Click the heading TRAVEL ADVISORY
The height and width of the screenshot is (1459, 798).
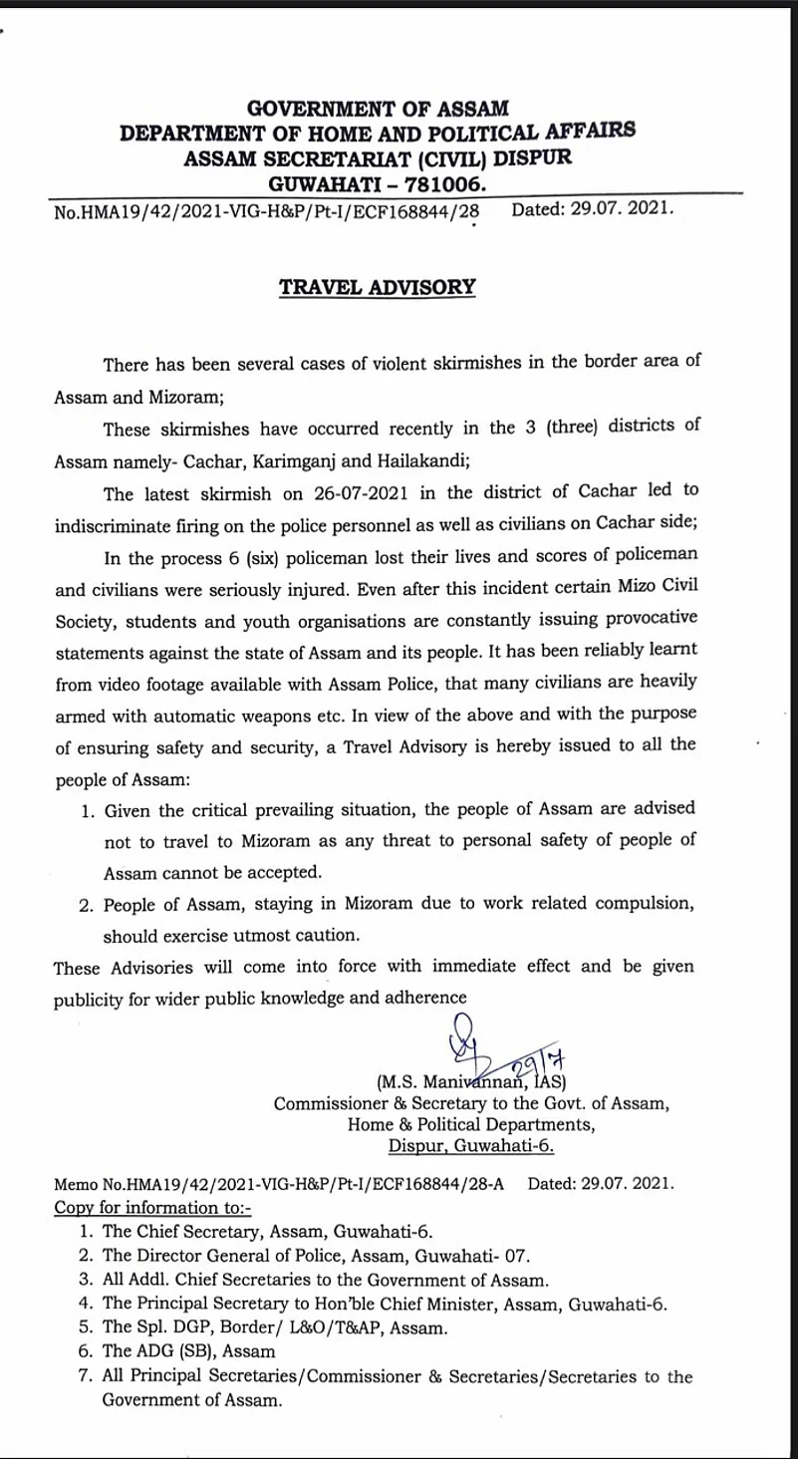(377, 287)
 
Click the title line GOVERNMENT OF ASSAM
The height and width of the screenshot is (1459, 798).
(377, 108)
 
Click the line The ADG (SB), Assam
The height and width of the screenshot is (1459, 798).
(188, 1351)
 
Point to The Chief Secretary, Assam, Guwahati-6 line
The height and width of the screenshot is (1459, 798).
(267, 1231)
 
